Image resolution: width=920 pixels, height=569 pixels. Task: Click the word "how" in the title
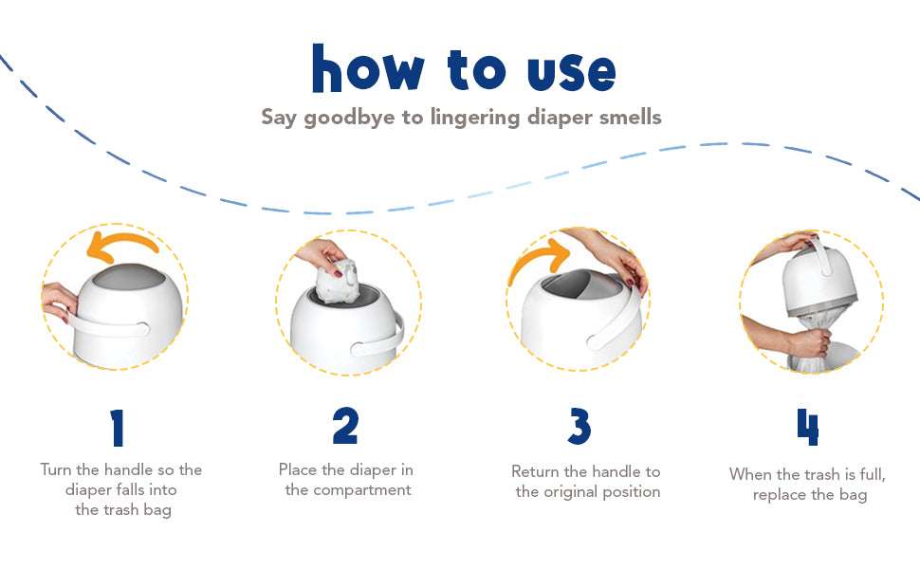pyautogui.click(x=367, y=68)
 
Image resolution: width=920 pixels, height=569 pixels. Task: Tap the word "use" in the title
pyautogui.click(x=572, y=73)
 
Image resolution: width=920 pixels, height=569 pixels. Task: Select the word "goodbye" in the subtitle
pyautogui.click(x=350, y=118)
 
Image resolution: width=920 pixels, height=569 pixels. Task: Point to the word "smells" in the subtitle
pyautogui.click(x=630, y=117)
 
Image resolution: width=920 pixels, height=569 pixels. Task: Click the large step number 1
pyautogui.click(x=118, y=428)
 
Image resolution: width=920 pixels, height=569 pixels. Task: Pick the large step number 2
pyautogui.click(x=345, y=426)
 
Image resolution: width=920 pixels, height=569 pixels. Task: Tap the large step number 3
pyautogui.click(x=580, y=427)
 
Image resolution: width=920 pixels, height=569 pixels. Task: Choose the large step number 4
pyautogui.click(x=807, y=427)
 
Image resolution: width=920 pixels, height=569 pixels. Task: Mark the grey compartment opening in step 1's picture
pyautogui.click(x=130, y=276)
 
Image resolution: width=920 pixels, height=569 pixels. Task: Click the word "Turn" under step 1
pyautogui.click(x=56, y=469)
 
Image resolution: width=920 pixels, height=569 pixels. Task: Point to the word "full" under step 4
pyautogui.click(x=873, y=474)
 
